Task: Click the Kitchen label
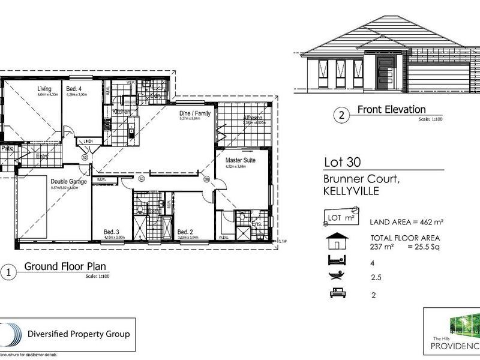tap(122, 112)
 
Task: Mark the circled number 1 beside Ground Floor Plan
tap(8, 272)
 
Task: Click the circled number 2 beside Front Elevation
tap(341, 115)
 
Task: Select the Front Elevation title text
tap(391, 109)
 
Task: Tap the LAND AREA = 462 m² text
tap(407, 222)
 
